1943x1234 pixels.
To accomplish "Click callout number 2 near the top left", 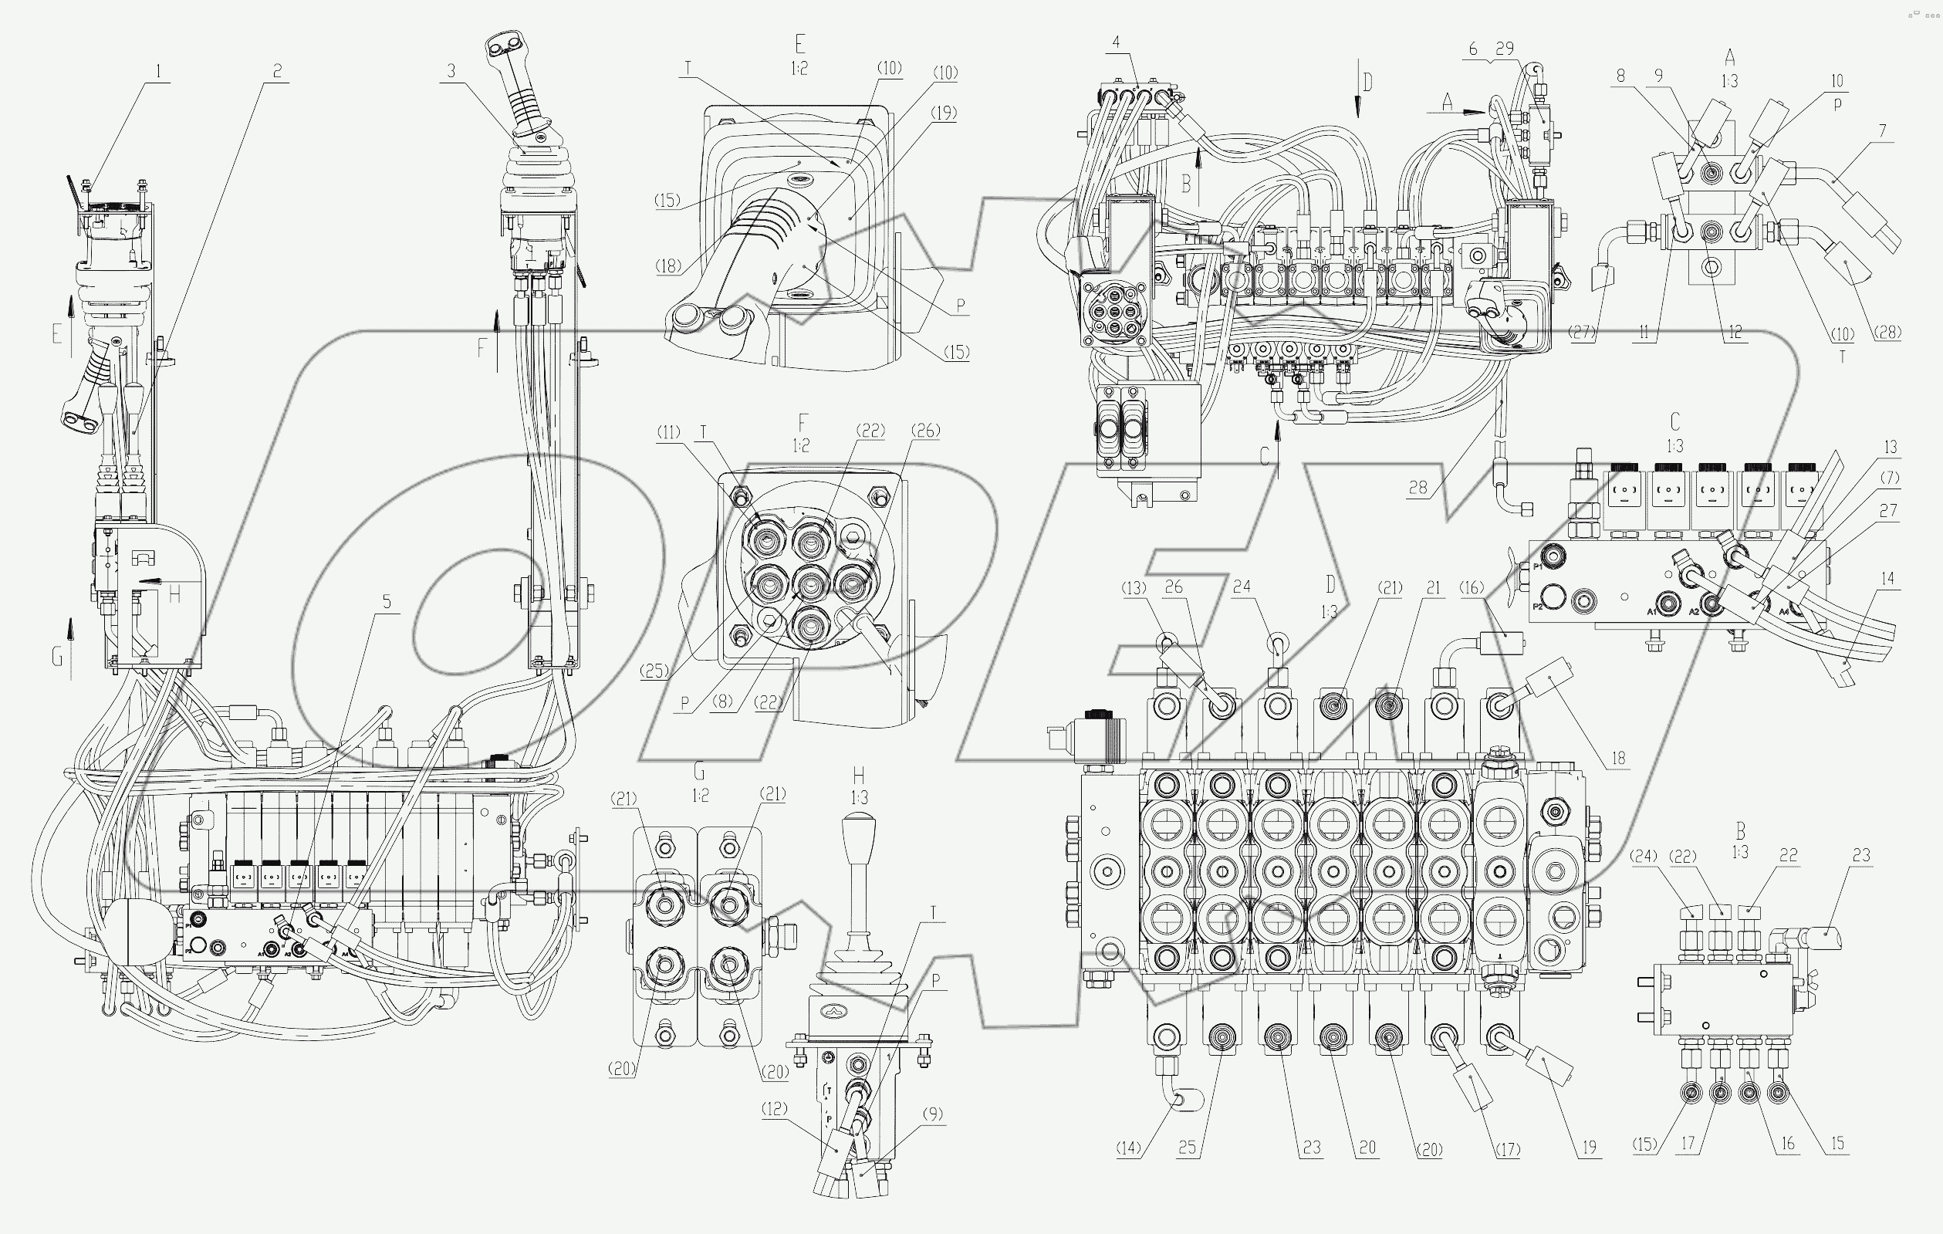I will pyautogui.click(x=277, y=72).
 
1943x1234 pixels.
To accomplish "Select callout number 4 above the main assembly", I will pyautogui.click(x=1115, y=42).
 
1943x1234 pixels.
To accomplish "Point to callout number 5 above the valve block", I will pyautogui.click(x=387, y=602).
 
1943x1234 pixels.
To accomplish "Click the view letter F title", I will pyautogui.click(x=801, y=422).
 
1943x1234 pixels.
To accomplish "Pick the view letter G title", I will pyautogui.click(x=699, y=773).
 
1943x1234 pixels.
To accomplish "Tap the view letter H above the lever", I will pyautogui.click(x=859, y=776).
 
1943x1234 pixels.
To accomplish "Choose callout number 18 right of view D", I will pyautogui.click(x=1618, y=758).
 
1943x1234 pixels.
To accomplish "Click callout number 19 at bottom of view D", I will pyautogui.click(x=1589, y=1148).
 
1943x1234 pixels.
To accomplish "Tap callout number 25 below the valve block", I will pyautogui.click(x=1187, y=1148).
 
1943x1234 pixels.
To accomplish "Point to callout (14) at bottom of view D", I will pyautogui.click(x=1129, y=1148).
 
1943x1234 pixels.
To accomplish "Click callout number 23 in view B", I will pyautogui.click(x=1860, y=856).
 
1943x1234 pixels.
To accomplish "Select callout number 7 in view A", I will pyautogui.click(x=1882, y=130).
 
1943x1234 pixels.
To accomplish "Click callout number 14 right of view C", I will pyautogui.click(x=1887, y=579).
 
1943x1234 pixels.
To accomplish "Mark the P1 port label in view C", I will pyautogui.click(x=1538, y=566).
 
